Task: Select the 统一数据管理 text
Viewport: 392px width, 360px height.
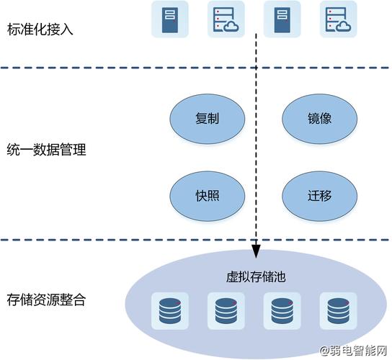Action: click(46, 150)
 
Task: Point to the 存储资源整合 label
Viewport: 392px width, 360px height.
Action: click(46, 300)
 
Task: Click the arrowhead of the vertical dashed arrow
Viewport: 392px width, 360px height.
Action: click(255, 251)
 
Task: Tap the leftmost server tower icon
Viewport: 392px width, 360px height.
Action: click(169, 19)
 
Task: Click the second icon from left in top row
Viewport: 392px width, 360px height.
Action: click(226, 19)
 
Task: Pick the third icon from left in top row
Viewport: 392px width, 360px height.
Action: click(282, 19)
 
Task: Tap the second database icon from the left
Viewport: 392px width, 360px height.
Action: click(223, 310)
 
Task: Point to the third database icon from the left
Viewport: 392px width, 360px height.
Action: click(280, 310)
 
